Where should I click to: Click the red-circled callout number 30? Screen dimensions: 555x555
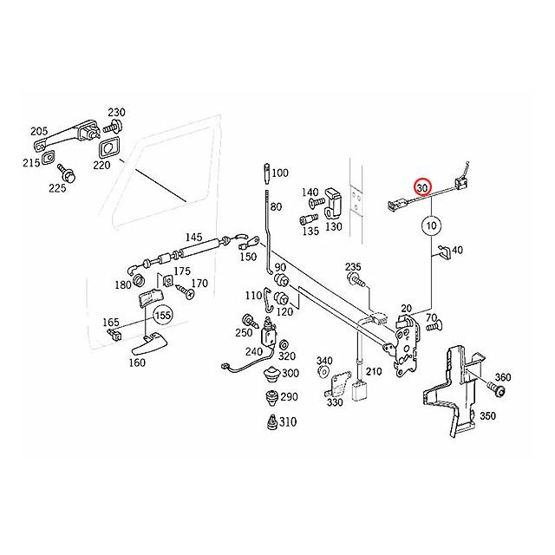pyautogui.click(x=422, y=187)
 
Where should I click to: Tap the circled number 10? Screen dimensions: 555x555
pyautogui.click(x=432, y=225)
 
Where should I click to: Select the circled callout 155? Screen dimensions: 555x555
pyautogui.click(x=163, y=315)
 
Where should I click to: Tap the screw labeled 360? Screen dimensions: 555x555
pyautogui.click(x=496, y=388)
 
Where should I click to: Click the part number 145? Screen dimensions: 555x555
pyautogui.click(x=193, y=237)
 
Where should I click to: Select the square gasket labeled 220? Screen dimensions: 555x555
pyautogui.click(x=109, y=147)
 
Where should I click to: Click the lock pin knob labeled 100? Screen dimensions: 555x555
pyautogui.click(x=267, y=173)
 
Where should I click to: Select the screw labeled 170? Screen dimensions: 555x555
pyautogui.click(x=185, y=291)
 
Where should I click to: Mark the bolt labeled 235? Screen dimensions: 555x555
pyautogui.click(x=356, y=279)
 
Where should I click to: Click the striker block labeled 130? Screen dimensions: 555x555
pyautogui.click(x=333, y=203)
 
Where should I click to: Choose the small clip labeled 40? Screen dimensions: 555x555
pyautogui.click(x=444, y=251)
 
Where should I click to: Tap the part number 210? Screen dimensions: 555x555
pyautogui.click(x=374, y=371)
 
